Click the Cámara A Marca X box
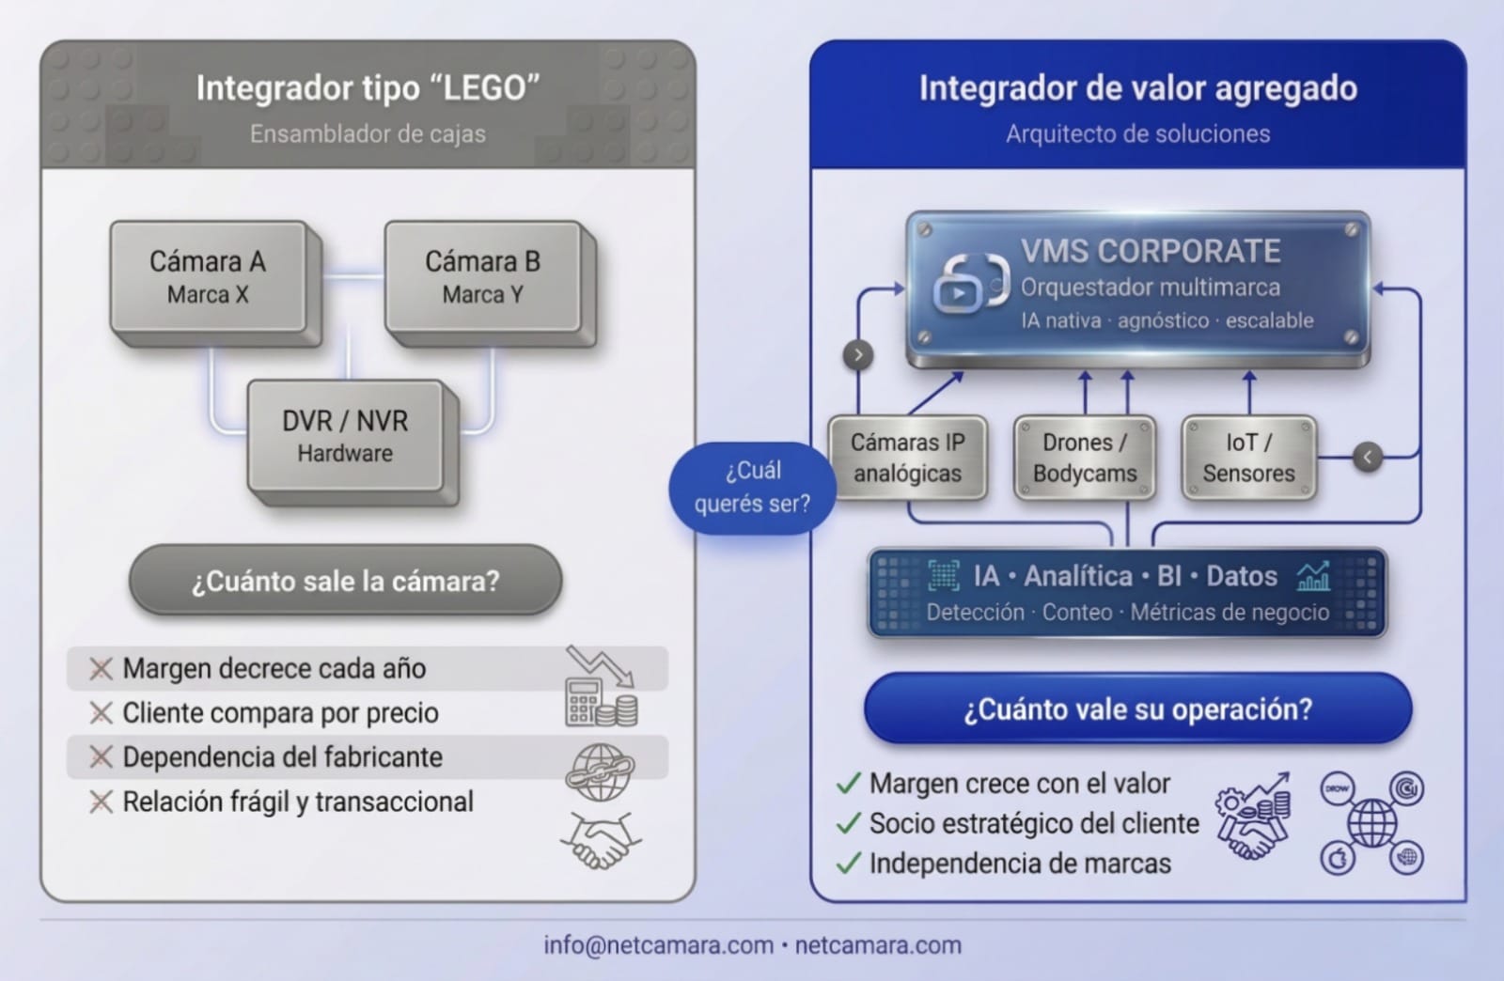(x=208, y=277)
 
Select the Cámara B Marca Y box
(x=482, y=277)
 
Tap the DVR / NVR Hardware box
(x=345, y=436)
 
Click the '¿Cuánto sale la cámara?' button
(x=345, y=581)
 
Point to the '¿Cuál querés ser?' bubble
(x=752, y=487)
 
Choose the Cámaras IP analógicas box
(x=907, y=458)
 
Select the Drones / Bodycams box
(x=1085, y=458)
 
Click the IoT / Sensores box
(x=1248, y=458)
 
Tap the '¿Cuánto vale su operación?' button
(x=1137, y=708)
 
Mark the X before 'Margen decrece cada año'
(x=101, y=669)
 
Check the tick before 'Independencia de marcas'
(x=848, y=864)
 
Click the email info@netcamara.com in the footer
(x=658, y=945)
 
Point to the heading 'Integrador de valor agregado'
(x=1137, y=88)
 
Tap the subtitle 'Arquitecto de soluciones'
(x=1137, y=133)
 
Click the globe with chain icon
(x=600, y=771)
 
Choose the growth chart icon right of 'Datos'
(x=1313, y=576)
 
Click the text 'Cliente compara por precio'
(x=280, y=713)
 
